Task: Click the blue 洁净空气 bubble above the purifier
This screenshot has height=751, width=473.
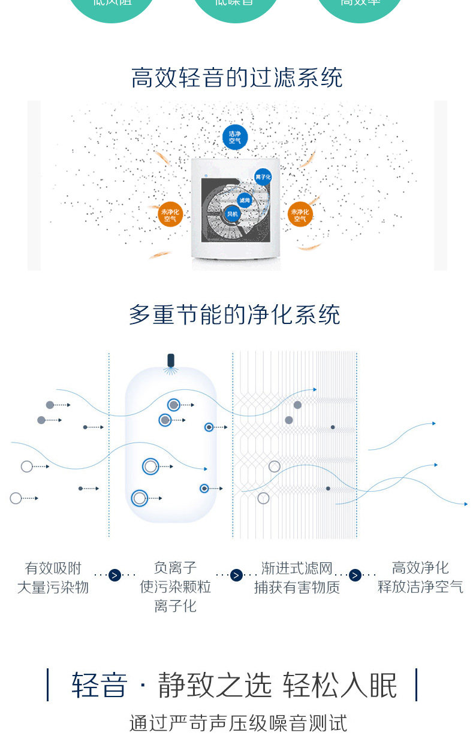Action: [234, 137]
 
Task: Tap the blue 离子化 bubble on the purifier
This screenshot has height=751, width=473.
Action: [263, 178]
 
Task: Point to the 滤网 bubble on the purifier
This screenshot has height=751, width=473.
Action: [244, 199]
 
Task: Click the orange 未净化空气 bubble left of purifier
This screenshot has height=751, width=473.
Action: [170, 214]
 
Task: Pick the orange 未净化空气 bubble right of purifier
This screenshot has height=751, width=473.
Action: [300, 214]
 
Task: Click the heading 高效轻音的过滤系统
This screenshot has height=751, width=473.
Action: [237, 78]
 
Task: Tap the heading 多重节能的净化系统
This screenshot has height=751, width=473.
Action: [234, 315]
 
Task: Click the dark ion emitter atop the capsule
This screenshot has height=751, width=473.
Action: [171, 361]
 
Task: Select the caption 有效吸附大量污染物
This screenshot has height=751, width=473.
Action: [53, 577]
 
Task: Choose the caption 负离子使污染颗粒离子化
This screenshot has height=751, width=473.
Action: [175, 586]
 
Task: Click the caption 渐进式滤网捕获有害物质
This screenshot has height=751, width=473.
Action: [297, 577]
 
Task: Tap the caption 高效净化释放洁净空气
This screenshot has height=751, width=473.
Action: [420, 577]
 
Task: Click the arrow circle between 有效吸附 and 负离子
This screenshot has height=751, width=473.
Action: [115, 575]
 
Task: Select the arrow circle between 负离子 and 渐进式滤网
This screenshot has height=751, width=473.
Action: [236, 575]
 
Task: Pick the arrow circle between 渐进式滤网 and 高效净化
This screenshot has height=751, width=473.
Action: [355, 575]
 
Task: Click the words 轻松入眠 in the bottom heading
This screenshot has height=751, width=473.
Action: [340, 685]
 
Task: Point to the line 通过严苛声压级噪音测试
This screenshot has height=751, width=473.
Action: [238, 723]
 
